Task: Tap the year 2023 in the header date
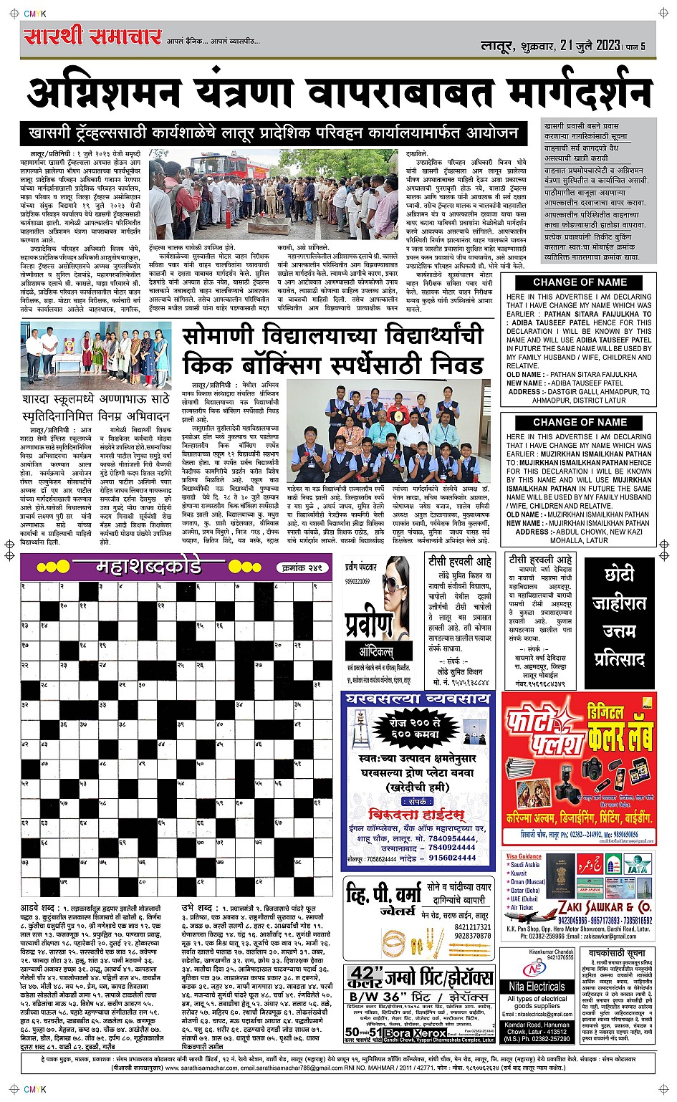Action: [x=608, y=44]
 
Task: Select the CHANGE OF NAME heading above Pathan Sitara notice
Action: [x=580, y=282]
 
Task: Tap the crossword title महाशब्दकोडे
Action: [x=148, y=567]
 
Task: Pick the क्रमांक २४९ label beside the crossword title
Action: [x=300, y=567]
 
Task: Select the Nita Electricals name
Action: [x=537, y=987]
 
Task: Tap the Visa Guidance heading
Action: [x=524, y=856]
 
